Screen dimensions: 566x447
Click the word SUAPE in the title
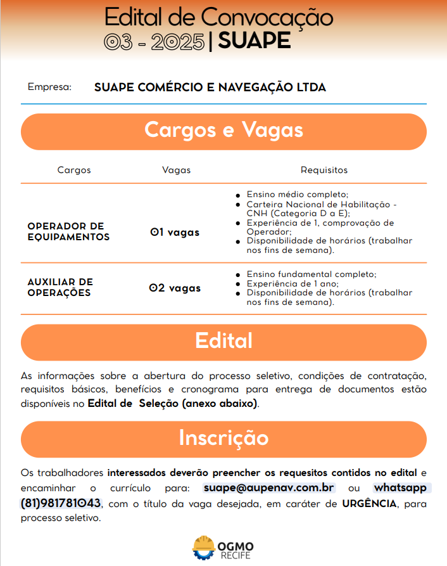[x=254, y=41]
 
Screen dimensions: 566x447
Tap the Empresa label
[x=49, y=87]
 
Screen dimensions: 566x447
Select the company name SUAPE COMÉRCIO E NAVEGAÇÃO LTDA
[x=210, y=87]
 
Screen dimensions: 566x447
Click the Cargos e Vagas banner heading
[x=223, y=131]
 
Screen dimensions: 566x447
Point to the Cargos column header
[x=74, y=170]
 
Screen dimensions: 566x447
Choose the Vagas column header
[x=176, y=170]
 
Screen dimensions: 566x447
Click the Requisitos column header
[x=324, y=170]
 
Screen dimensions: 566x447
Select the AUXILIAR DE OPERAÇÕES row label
[x=60, y=288]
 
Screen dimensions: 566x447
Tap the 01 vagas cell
[x=175, y=233]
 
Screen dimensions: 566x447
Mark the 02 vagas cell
[x=175, y=288]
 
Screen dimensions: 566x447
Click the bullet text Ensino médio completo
[x=298, y=194]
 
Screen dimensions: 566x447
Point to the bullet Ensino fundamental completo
[x=312, y=274]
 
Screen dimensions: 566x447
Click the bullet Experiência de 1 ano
[x=293, y=283]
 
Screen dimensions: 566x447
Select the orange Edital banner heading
[x=223, y=341]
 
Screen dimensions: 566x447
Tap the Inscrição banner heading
[x=223, y=438]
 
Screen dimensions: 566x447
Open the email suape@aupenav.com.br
[x=269, y=488]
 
